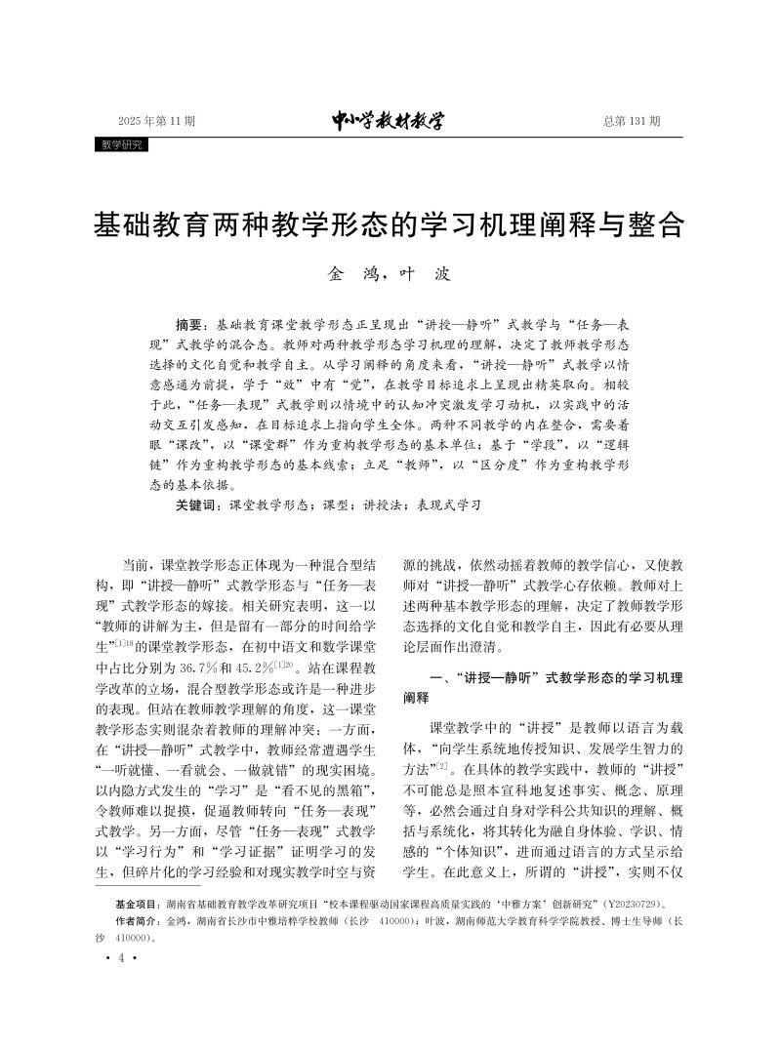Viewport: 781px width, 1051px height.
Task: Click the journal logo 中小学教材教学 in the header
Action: [388, 121]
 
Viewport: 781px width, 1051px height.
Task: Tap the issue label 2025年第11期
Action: [156, 122]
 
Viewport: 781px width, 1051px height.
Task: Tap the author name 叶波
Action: [429, 275]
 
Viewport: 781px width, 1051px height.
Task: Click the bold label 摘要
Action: [191, 323]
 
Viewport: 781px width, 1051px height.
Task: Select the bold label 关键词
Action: [198, 506]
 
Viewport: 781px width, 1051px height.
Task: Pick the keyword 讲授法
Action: [376, 506]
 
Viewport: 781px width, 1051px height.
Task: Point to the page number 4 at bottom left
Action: [120, 959]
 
